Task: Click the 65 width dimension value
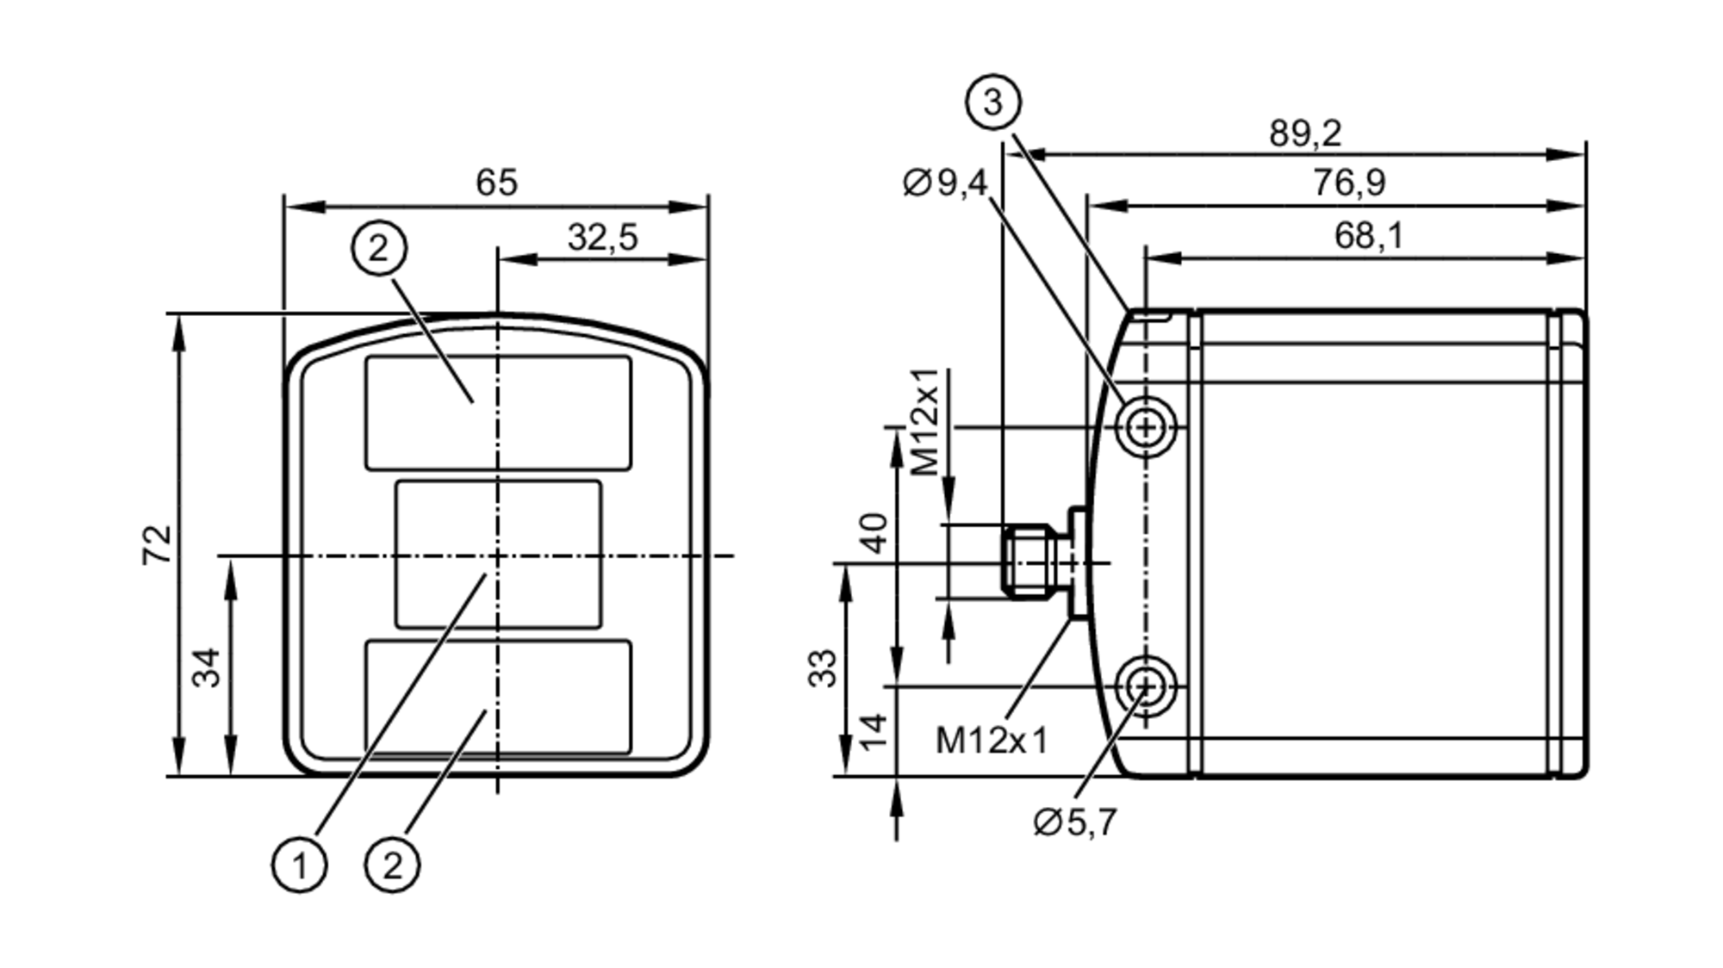click(496, 183)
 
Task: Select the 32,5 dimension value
click(602, 237)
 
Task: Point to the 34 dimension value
click(206, 667)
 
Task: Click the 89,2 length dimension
click(1305, 133)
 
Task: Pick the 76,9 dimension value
click(1349, 183)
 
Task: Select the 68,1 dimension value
click(1368, 235)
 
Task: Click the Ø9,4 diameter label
click(945, 183)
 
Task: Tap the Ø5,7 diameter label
click(1074, 822)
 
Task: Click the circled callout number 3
click(992, 102)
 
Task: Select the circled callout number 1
click(299, 865)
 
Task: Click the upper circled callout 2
click(379, 249)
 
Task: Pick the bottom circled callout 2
click(392, 865)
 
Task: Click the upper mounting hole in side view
click(1145, 426)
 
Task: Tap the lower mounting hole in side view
click(1145, 686)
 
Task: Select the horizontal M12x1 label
click(992, 740)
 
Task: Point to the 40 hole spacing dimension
click(874, 532)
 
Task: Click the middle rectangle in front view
click(498, 554)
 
